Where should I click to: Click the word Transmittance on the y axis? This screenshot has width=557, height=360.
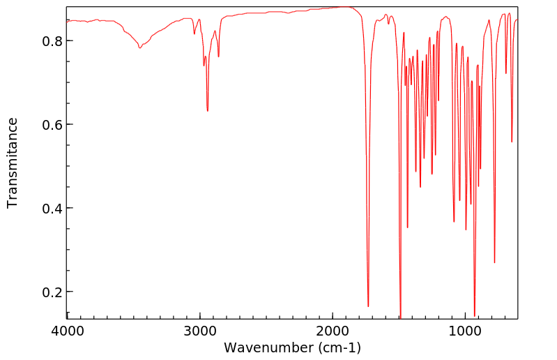tap(13, 163)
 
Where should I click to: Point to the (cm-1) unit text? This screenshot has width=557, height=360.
tap(339, 347)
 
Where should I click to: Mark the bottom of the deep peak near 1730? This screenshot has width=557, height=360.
tap(368, 306)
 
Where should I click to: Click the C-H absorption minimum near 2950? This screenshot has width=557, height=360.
tap(207, 111)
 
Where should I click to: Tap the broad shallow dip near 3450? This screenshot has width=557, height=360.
tap(140, 48)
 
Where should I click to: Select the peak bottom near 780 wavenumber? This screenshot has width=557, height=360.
tap(494, 262)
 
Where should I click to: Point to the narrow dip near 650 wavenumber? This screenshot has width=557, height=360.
tap(512, 142)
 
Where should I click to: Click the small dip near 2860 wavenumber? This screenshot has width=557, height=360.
tap(218, 57)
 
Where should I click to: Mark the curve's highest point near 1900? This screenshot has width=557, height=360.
tap(346, 7)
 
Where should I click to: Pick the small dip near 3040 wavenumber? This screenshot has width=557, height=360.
tap(194, 33)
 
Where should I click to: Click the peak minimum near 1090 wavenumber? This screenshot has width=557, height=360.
tap(454, 222)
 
